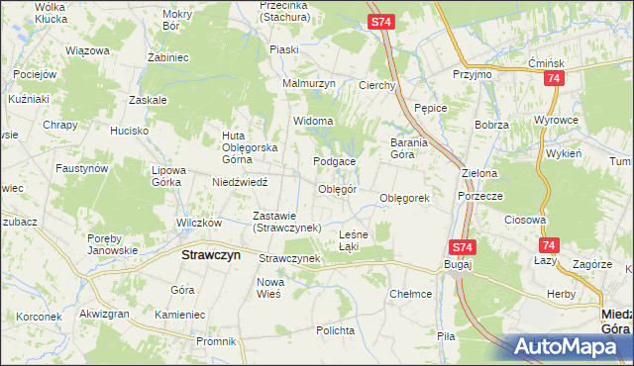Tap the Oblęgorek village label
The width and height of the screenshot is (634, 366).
(x=405, y=198)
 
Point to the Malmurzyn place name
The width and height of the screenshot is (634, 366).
(x=309, y=84)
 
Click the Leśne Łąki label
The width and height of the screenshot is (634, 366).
(x=354, y=239)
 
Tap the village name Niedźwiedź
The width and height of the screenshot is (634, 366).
(x=240, y=181)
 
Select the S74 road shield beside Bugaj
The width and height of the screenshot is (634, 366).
(x=462, y=246)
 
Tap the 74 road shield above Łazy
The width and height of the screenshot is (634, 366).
(x=549, y=245)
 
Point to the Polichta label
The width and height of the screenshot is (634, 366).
(x=336, y=329)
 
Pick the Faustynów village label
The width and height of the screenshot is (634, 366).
(x=80, y=168)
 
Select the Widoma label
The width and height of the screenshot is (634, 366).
(x=312, y=122)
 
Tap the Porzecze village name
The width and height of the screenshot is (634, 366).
(x=480, y=196)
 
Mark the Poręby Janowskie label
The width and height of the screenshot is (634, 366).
(x=112, y=243)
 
